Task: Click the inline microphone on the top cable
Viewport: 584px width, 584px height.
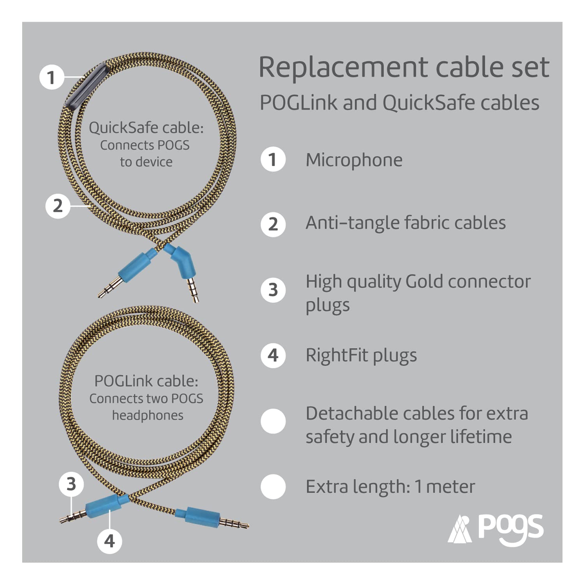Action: point(86,86)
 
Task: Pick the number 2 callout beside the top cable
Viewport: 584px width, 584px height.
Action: point(58,206)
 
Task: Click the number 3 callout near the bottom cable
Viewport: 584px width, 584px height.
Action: point(71,484)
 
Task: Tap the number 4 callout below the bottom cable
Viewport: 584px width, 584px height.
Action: point(109,541)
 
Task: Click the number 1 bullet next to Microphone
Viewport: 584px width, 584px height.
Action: point(273,159)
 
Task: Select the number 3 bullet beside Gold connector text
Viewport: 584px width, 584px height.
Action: point(273,290)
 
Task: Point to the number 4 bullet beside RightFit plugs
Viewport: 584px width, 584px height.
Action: point(273,355)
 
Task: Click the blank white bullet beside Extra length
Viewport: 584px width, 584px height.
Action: point(273,487)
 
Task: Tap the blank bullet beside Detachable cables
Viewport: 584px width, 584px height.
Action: point(273,421)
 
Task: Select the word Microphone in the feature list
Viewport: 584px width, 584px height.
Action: point(354,160)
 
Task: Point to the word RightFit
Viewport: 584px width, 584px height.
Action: point(337,355)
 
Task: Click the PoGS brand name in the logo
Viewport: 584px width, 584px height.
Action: point(510,529)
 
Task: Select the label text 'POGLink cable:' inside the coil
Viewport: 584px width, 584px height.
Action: point(146,381)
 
